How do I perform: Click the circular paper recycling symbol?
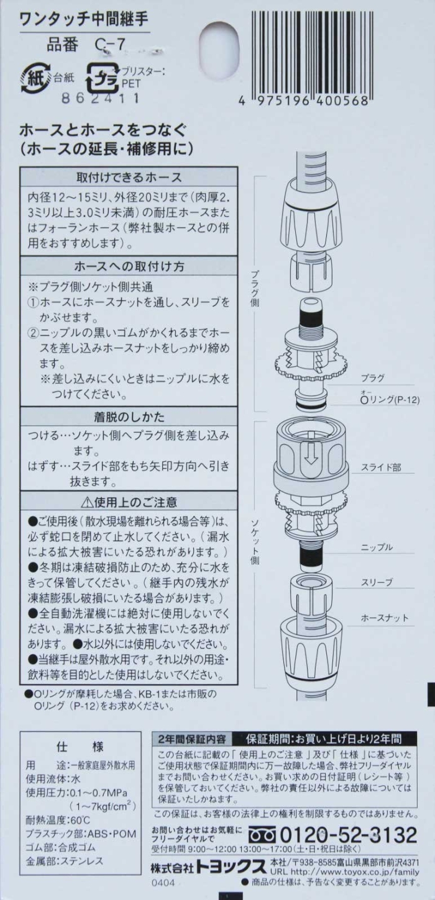click(36, 78)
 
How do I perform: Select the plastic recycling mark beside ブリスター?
click(103, 78)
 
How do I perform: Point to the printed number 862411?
click(101, 98)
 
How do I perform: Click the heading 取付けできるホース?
click(129, 177)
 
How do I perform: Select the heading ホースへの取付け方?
click(129, 266)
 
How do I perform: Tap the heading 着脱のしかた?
click(129, 416)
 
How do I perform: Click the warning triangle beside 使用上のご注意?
click(87, 502)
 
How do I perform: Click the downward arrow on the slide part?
click(310, 453)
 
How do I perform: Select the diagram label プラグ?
click(372, 378)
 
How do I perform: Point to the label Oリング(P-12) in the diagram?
click(390, 399)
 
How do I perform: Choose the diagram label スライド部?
click(381, 467)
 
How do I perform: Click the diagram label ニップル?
click(377, 547)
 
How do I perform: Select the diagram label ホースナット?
click(384, 618)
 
